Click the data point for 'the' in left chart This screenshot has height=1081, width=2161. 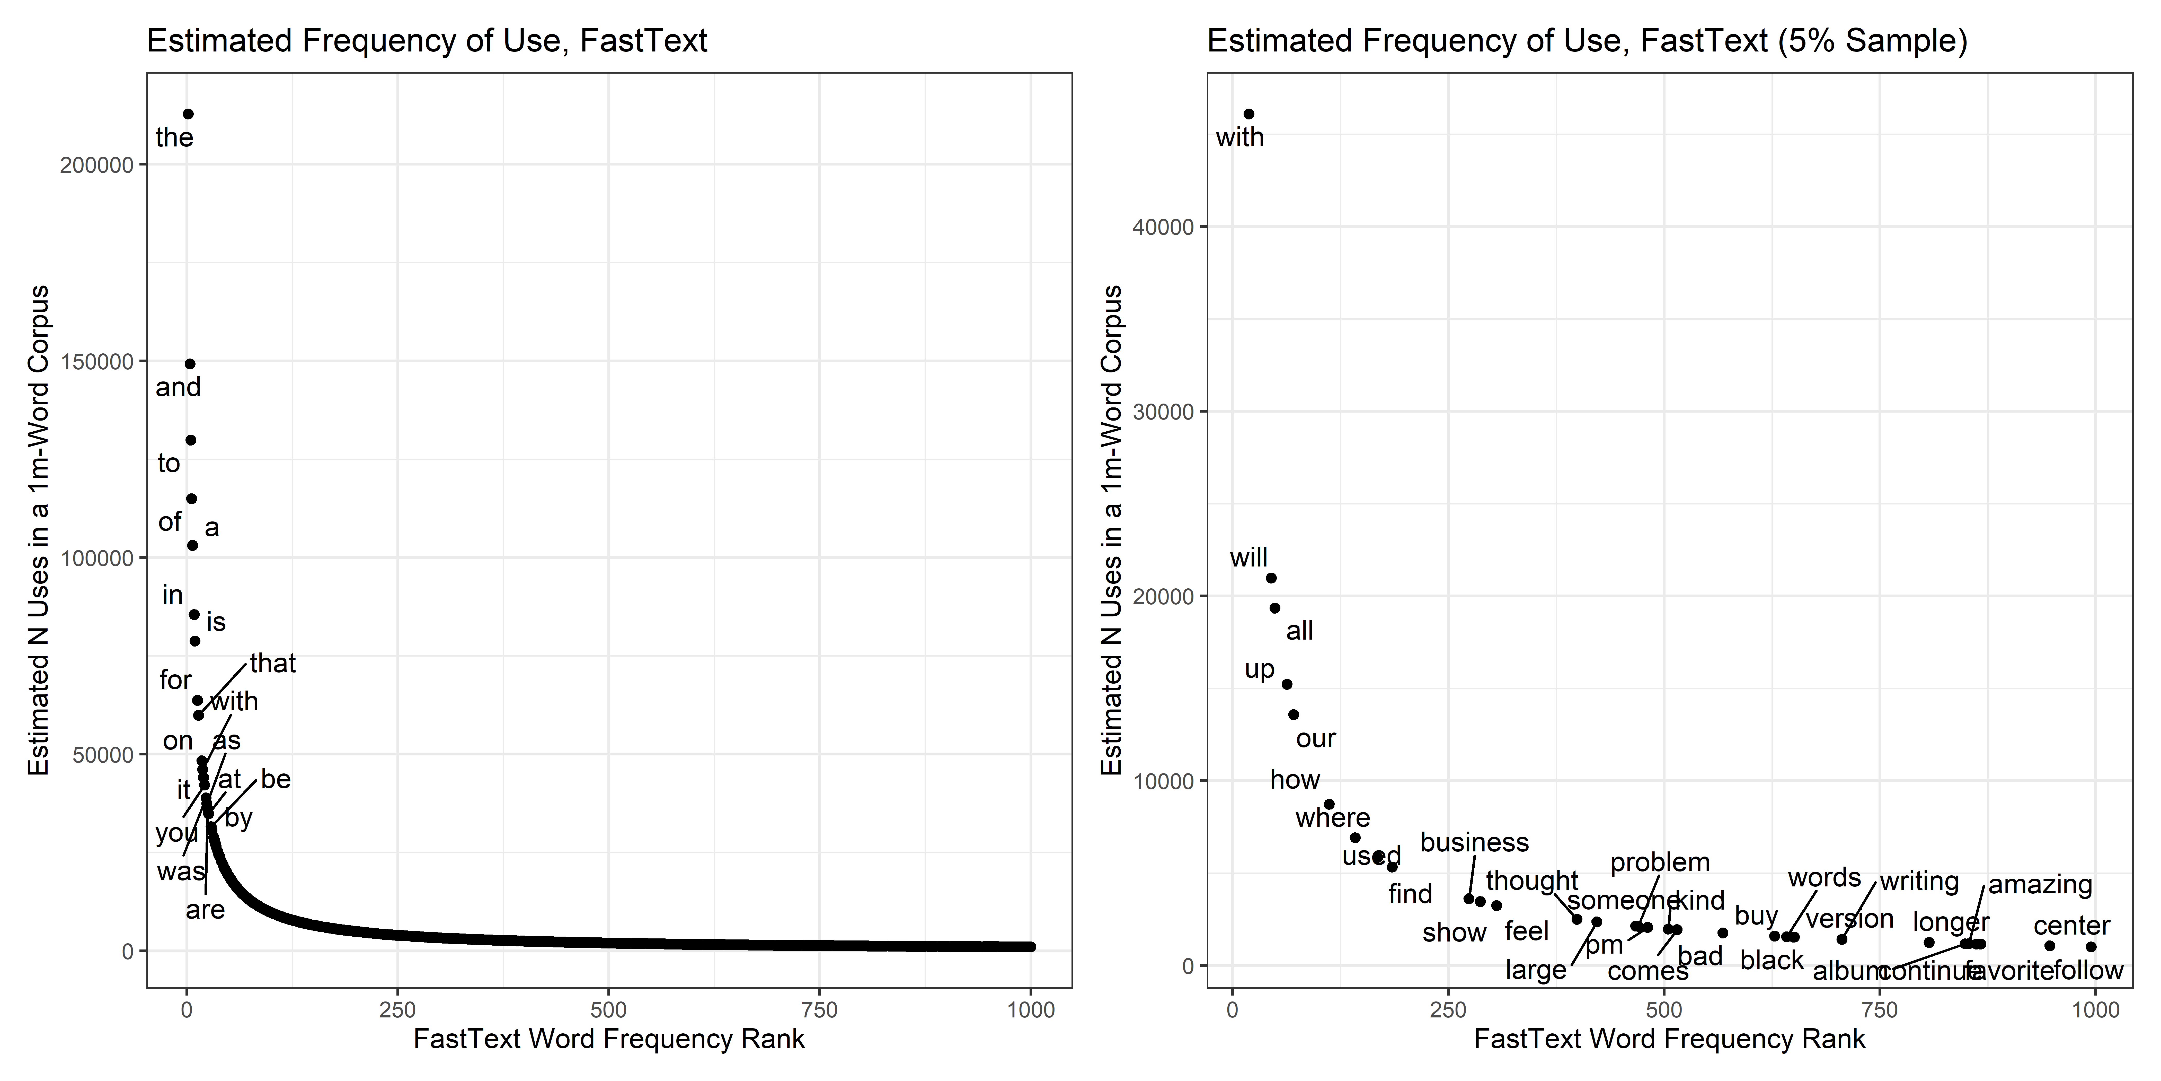click(188, 114)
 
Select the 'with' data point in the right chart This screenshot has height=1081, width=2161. click(1248, 114)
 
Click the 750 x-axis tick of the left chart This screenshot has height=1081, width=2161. click(820, 1010)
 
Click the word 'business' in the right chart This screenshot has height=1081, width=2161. click(1474, 843)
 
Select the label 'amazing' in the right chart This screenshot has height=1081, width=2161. click(2040, 885)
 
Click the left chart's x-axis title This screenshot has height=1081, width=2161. click(609, 1039)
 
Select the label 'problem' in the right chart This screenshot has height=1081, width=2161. click(1659, 863)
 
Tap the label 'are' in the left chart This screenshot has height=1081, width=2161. click(206, 910)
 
